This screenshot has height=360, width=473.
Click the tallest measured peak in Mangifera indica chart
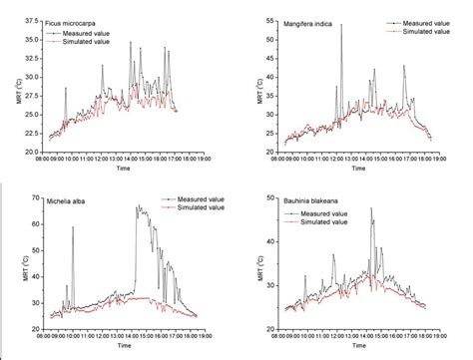[340, 25]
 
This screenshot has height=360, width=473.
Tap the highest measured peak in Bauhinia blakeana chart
[372, 208]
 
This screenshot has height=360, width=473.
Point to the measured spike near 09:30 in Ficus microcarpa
[67, 88]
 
